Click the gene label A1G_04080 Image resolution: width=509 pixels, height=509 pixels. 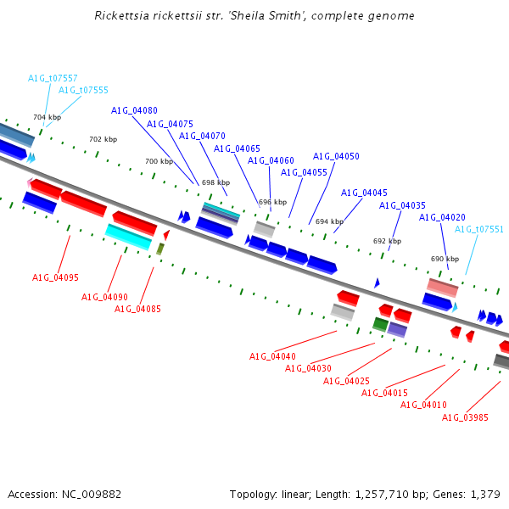click(134, 110)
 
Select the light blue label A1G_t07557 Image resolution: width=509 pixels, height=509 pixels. click(53, 78)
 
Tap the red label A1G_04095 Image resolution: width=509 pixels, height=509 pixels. click(55, 277)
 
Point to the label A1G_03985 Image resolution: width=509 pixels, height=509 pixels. click(465, 417)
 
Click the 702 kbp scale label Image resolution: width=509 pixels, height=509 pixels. click(103, 139)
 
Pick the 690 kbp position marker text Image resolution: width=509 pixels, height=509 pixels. click(445, 259)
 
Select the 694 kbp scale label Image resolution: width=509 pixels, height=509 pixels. click(329, 221)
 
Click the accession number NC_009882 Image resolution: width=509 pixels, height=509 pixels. click(92, 495)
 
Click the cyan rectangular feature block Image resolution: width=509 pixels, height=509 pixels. click(129, 237)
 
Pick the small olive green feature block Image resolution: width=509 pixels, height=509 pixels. click(160, 249)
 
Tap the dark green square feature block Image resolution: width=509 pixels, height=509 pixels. click(380, 324)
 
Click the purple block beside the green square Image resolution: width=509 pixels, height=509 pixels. click(397, 329)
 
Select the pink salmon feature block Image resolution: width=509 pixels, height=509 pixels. click(443, 288)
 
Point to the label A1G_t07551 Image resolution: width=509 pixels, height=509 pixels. click(478, 230)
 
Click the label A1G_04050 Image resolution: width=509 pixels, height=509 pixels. click(336, 156)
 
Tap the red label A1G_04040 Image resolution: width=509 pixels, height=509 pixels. click(272, 357)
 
